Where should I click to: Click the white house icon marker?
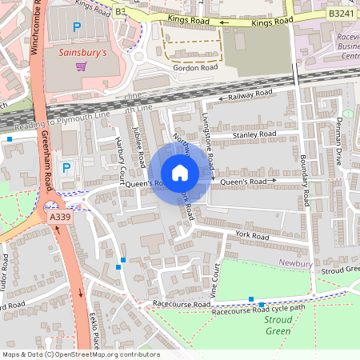[x=180, y=173]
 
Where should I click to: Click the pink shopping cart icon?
[x=80, y=66]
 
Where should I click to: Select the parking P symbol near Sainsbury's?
[x=77, y=28]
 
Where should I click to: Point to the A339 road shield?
[x=58, y=216]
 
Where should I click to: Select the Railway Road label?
[x=250, y=94]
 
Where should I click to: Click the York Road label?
[x=252, y=236]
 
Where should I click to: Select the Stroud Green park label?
[x=278, y=325]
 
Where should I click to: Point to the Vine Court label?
[x=215, y=282]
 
